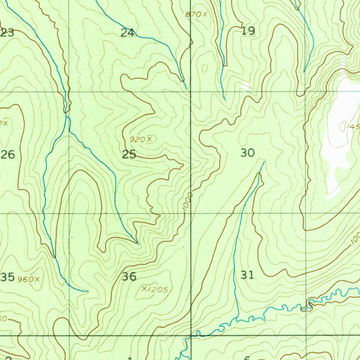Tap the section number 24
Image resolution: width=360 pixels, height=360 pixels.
tap(127, 33)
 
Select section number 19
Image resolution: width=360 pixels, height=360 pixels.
tap(248, 31)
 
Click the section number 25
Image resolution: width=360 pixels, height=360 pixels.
tap(129, 154)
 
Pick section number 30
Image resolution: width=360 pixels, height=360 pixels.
tap(247, 153)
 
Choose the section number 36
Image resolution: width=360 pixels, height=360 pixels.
tap(129, 277)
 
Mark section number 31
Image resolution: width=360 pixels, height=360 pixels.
tap(247, 275)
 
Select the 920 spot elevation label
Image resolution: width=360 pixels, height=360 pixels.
tap(137, 140)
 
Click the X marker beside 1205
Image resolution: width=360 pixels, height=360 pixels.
tap(144, 288)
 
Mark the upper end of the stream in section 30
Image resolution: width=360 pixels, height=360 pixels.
tap(264, 162)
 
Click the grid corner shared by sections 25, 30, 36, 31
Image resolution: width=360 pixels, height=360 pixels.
tap(191, 213)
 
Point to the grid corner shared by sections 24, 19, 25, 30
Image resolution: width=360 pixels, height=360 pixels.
tap(191, 92)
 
